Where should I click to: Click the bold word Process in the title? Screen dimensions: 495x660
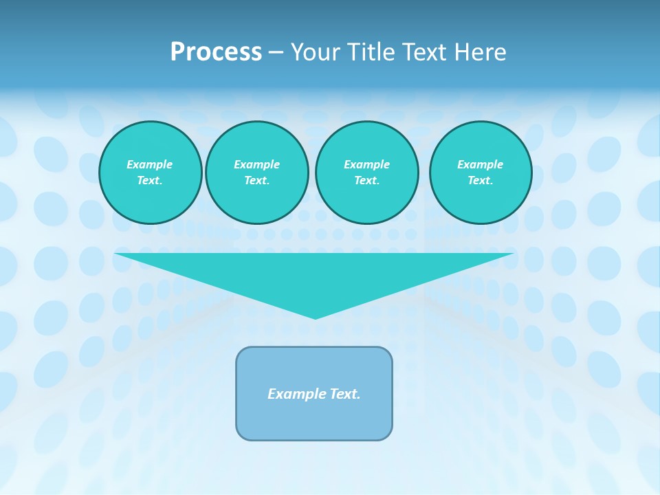(216, 52)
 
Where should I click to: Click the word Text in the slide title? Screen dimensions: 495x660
(429, 52)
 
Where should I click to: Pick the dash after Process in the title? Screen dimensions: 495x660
(276, 53)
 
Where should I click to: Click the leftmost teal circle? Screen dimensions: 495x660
(151, 173)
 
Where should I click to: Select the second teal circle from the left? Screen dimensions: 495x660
(257, 173)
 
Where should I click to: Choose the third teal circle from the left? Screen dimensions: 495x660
(366, 173)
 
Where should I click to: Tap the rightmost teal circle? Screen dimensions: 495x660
(481, 173)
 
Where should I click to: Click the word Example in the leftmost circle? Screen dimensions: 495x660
(150, 164)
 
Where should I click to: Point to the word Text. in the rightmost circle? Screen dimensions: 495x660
(481, 181)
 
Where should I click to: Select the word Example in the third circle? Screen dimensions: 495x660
(366, 164)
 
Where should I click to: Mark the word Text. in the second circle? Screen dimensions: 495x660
(257, 181)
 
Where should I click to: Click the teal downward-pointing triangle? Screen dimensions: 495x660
(315, 275)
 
